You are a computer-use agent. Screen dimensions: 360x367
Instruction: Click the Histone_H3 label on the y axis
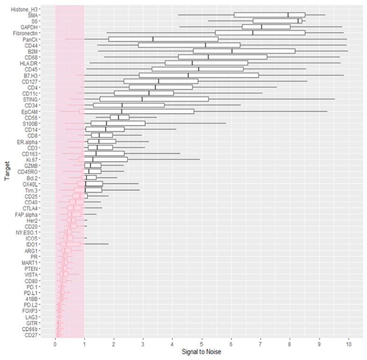[x=39, y=9]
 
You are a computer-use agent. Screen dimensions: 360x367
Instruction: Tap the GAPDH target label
[x=43, y=27]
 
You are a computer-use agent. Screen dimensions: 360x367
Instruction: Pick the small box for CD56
[x=120, y=118]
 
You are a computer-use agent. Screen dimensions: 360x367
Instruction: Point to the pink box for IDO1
[x=70, y=244]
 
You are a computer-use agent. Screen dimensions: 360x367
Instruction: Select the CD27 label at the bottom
[x=45, y=335]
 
